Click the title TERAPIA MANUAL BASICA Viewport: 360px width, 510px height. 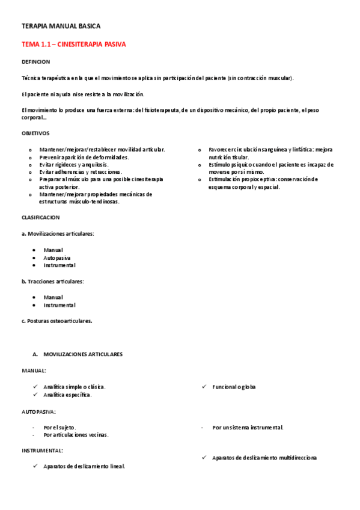[x=61, y=26]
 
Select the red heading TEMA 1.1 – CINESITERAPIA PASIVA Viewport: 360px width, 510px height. [x=74, y=45]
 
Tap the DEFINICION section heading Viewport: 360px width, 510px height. [x=36, y=62]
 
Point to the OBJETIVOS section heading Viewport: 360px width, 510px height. [x=35, y=133]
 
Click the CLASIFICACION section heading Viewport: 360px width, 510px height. [x=40, y=217]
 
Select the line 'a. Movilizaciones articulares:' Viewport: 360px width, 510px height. [x=58, y=233]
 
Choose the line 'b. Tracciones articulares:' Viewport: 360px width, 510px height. [x=53, y=281]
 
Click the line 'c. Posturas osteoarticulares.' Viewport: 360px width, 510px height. [x=57, y=321]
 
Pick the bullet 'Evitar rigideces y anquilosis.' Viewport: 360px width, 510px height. [x=74, y=164]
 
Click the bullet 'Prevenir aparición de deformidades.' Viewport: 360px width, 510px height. [x=84, y=156]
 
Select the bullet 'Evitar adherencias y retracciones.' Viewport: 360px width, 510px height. [x=80, y=171]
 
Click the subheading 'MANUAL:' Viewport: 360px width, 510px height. [x=34, y=371]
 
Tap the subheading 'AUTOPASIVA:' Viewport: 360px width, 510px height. [x=39, y=412]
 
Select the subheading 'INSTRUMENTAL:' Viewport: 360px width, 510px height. [x=42, y=450]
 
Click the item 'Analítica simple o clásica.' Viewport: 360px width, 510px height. [x=79, y=387]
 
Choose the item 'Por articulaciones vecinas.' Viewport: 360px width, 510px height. [x=80, y=434]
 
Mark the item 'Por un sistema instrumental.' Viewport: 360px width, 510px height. [x=248, y=428]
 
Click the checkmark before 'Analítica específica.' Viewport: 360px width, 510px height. [x=35, y=395]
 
